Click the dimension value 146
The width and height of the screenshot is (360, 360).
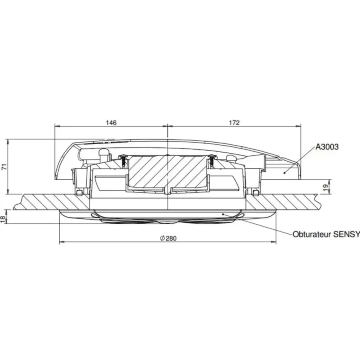[x=111, y=123]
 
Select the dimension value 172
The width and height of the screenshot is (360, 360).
[x=234, y=123]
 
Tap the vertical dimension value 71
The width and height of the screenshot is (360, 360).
[x=4, y=167]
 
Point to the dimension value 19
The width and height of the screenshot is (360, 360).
[x=326, y=188]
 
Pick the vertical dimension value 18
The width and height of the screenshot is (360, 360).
[x=3, y=219]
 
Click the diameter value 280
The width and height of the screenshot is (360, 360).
[x=171, y=238]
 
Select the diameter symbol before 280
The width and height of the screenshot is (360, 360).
[x=162, y=238]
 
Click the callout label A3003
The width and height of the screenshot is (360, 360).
[x=327, y=147]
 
